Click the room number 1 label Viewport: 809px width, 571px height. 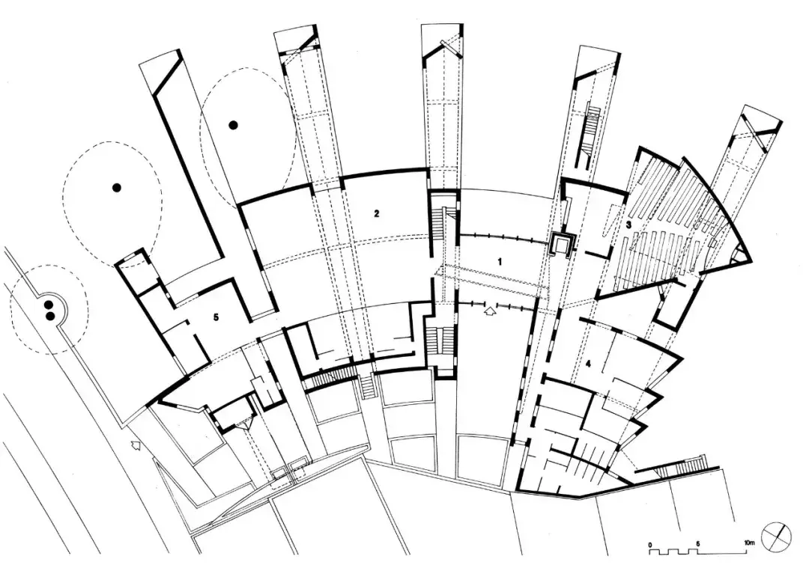(x=500, y=260)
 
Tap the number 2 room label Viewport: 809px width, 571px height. (x=377, y=213)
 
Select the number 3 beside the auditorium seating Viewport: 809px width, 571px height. (x=629, y=224)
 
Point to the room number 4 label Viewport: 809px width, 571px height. (x=588, y=364)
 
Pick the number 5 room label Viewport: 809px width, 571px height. (x=216, y=317)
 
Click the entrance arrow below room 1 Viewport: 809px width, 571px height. (x=491, y=310)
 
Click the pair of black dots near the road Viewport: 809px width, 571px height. (x=49, y=310)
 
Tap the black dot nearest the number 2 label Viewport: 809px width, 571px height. (x=234, y=126)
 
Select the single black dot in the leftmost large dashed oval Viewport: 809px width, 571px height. (x=116, y=187)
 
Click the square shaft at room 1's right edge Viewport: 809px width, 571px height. (x=561, y=243)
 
